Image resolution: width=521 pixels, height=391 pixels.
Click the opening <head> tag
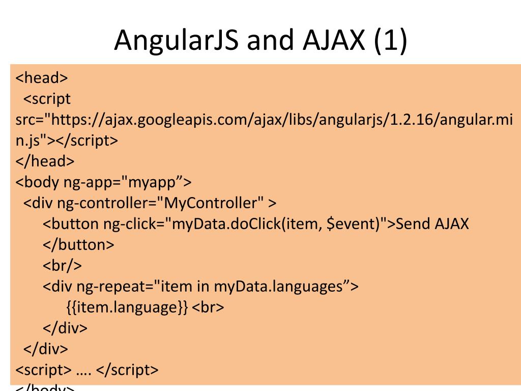[42, 78]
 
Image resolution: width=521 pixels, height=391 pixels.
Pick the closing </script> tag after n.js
[87, 141]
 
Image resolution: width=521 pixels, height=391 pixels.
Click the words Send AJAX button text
[432, 224]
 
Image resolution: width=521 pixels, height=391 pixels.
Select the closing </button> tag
[78, 245]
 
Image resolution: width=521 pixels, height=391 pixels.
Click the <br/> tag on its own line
[62, 266]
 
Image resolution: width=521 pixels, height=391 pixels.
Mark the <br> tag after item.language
[209, 308]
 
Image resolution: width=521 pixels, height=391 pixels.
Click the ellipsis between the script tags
[84, 370]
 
